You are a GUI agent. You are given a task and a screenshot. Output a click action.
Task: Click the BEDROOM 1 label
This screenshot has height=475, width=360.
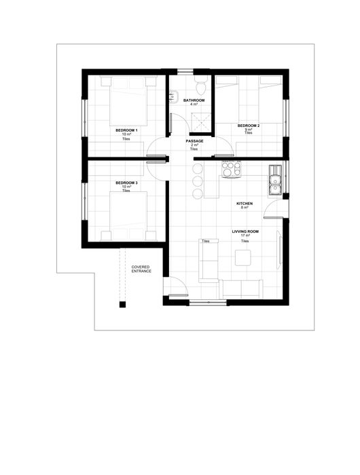pyautogui.click(x=126, y=130)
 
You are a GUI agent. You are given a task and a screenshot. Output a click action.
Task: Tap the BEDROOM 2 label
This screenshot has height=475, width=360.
pyautogui.click(x=249, y=126)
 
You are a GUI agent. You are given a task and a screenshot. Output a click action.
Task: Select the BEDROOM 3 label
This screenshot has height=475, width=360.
pyautogui.click(x=126, y=183)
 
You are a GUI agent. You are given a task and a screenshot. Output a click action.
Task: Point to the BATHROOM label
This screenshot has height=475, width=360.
pyautogui.click(x=194, y=100)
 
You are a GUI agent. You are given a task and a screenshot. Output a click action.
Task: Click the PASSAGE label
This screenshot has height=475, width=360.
pyautogui.click(x=194, y=141)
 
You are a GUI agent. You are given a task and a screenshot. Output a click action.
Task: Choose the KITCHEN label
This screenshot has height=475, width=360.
pyautogui.click(x=245, y=204)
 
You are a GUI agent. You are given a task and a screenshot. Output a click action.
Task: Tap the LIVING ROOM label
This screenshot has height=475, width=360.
pyautogui.click(x=245, y=231)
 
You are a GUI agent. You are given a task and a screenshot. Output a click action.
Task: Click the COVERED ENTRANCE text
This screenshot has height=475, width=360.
pyautogui.click(x=141, y=269)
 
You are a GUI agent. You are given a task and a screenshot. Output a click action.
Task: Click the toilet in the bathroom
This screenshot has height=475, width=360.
pyautogui.click(x=201, y=85)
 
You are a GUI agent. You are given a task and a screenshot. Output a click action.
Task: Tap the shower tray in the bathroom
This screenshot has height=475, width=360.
pyautogui.click(x=200, y=123)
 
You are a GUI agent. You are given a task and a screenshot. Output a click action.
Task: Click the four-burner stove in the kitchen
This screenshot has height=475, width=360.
pyautogui.click(x=232, y=169)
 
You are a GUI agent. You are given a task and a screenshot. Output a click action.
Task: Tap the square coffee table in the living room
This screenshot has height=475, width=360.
pyautogui.click(x=243, y=258)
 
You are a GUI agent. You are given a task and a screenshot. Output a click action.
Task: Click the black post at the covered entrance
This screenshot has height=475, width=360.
pyautogui.click(x=122, y=305)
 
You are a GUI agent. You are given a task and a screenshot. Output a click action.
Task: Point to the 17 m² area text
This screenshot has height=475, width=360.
pyautogui.click(x=245, y=235)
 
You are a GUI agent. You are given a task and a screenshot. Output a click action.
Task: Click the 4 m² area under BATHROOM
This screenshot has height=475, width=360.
pyautogui.click(x=194, y=104)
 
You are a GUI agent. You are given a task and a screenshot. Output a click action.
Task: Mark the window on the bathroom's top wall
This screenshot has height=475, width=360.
pyautogui.click(x=185, y=72)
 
